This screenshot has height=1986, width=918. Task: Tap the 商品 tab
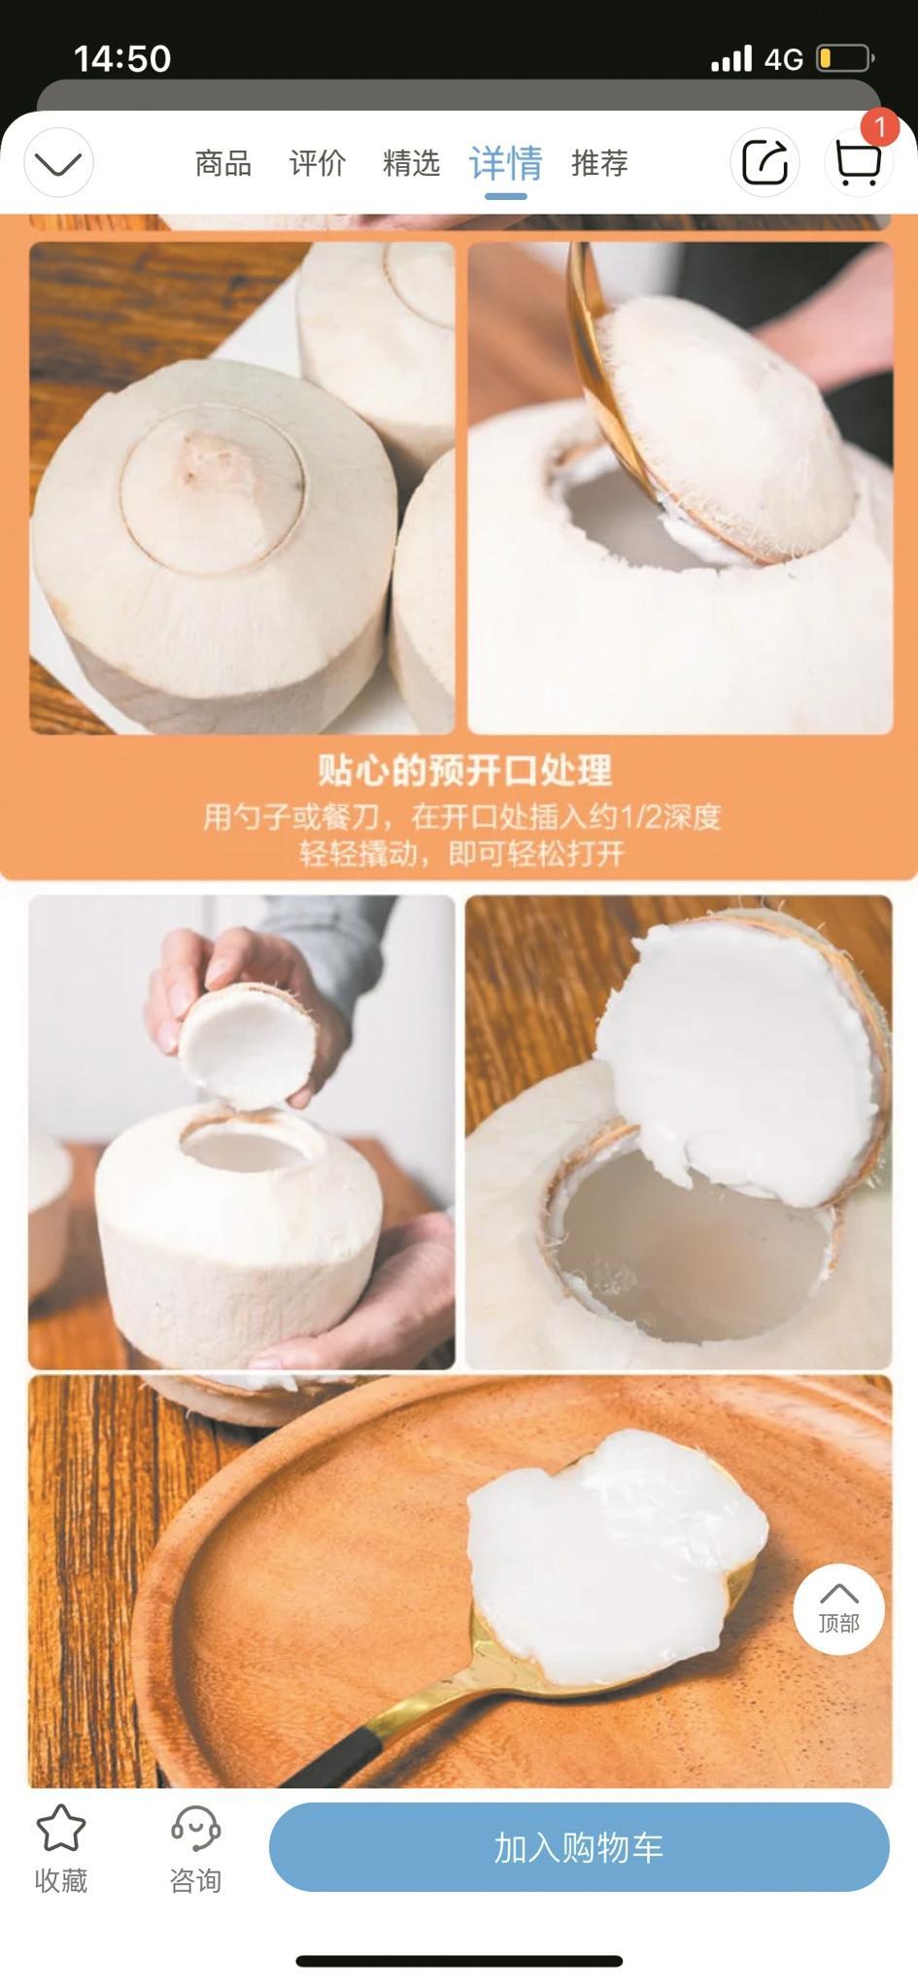[x=222, y=162]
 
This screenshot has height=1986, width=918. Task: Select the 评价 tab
[x=317, y=162]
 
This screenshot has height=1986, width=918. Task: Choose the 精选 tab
[x=411, y=162]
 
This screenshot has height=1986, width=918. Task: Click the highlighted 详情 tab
[x=505, y=162]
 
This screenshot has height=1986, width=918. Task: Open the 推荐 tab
[x=599, y=162]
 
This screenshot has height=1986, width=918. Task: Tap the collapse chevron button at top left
[x=58, y=162]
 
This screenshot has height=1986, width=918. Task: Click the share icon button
[x=765, y=162]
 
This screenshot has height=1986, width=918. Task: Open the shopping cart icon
[x=859, y=163]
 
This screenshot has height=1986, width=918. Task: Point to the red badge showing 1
[x=879, y=127]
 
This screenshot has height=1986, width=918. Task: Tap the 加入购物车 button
[x=579, y=1846]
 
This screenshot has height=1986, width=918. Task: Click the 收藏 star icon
[x=61, y=1829]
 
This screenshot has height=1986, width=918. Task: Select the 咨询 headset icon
[x=195, y=1829]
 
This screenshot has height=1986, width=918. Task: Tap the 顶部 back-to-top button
[x=838, y=1608]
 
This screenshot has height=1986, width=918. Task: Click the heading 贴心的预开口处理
[x=465, y=770]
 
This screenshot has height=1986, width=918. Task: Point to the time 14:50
[x=122, y=59]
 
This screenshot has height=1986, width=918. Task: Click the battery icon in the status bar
[x=845, y=58]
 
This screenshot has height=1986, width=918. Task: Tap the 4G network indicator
[x=783, y=59]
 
